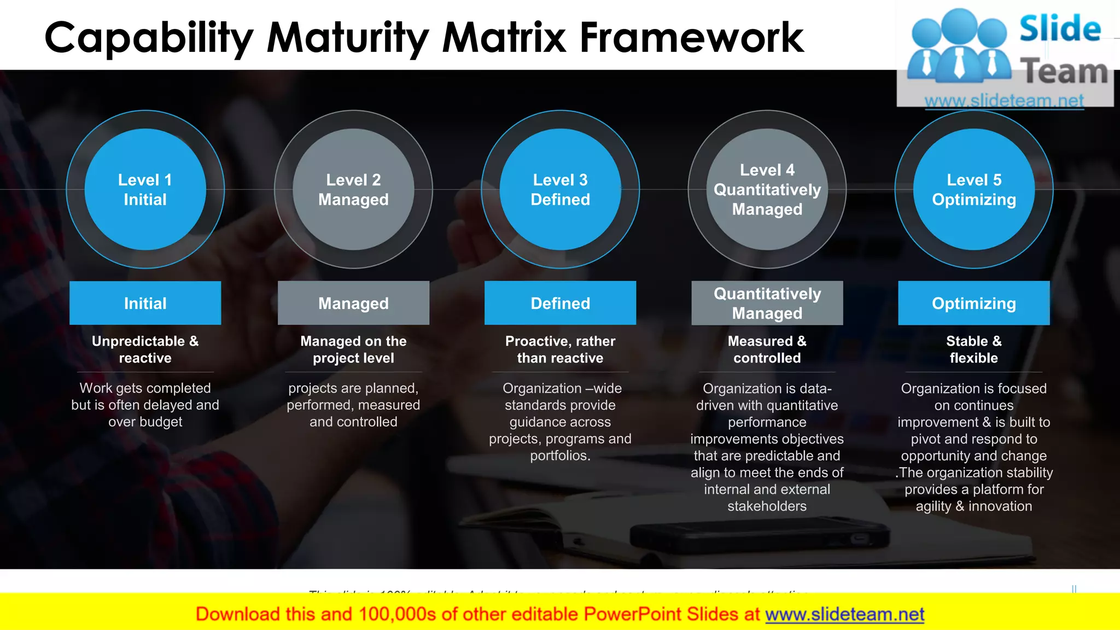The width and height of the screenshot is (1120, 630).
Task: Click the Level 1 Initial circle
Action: click(x=145, y=189)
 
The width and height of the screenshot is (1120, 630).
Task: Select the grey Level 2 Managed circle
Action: click(x=353, y=189)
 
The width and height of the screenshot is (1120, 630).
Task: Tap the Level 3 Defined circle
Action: click(x=560, y=189)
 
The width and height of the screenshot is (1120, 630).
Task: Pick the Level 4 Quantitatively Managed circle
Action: click(x=767, y=189)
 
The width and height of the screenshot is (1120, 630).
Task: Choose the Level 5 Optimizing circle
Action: click(x=973, y=189)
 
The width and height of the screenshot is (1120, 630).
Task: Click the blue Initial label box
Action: click(x=145, y=303)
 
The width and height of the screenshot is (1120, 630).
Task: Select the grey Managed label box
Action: click(x=353, y=303)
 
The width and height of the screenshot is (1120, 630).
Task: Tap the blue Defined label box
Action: click(x=560, y=303)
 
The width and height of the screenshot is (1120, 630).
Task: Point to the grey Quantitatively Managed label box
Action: click(x=767, y=303)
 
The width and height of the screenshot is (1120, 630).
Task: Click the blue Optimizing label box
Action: click(x=973, y=303)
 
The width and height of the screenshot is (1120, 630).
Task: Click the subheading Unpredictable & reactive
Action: click(x=145, y=349)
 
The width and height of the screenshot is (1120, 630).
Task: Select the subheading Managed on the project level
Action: click(x=353, y=349)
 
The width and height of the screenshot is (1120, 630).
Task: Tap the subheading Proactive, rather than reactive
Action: click(x=560, y=349)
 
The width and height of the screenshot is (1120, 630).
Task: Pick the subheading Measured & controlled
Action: click(x=767, y=349)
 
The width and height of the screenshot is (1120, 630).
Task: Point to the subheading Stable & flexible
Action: click(x=973, y=349)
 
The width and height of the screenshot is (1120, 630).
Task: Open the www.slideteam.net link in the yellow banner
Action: click(x=844, y=614)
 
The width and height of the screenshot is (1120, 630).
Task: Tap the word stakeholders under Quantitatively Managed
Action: click(x=767, y=506)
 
